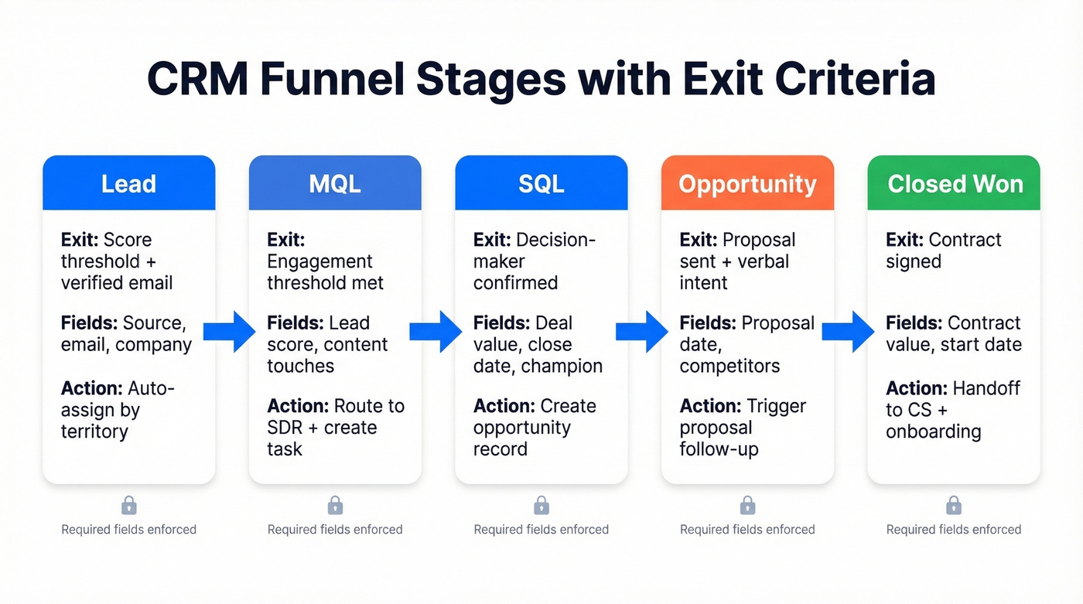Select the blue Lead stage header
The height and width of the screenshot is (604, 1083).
(128, 184)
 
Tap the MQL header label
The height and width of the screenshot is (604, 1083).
(335, 184)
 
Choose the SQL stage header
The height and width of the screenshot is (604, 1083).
(541, 184)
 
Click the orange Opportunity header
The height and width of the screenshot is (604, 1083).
(747, 184)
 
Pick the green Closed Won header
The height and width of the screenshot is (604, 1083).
(955, 184)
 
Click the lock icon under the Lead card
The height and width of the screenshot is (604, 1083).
(129, 506)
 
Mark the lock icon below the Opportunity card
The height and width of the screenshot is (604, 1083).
(747, 506)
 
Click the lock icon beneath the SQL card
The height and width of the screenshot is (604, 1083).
(541, 506)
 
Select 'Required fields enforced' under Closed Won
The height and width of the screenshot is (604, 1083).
(954, 530)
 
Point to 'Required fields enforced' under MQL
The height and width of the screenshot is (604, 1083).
(335, 530)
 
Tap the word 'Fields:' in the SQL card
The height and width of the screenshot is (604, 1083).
(501, 323)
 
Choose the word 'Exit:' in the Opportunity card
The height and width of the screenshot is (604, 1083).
(699, 240)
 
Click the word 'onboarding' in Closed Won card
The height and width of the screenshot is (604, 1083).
(934, 432)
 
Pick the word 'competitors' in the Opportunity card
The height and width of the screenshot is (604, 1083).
(730, 366)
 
